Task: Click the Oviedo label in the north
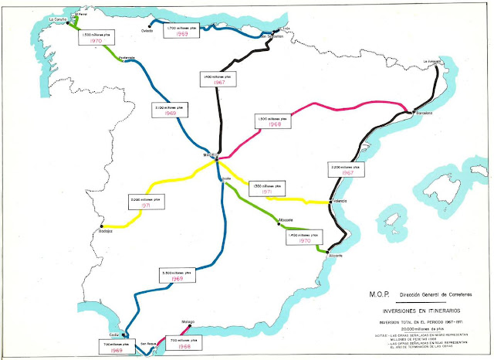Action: pos(147,31)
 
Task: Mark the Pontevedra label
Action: pos(127,57)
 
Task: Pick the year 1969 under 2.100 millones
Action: pos(171,113)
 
